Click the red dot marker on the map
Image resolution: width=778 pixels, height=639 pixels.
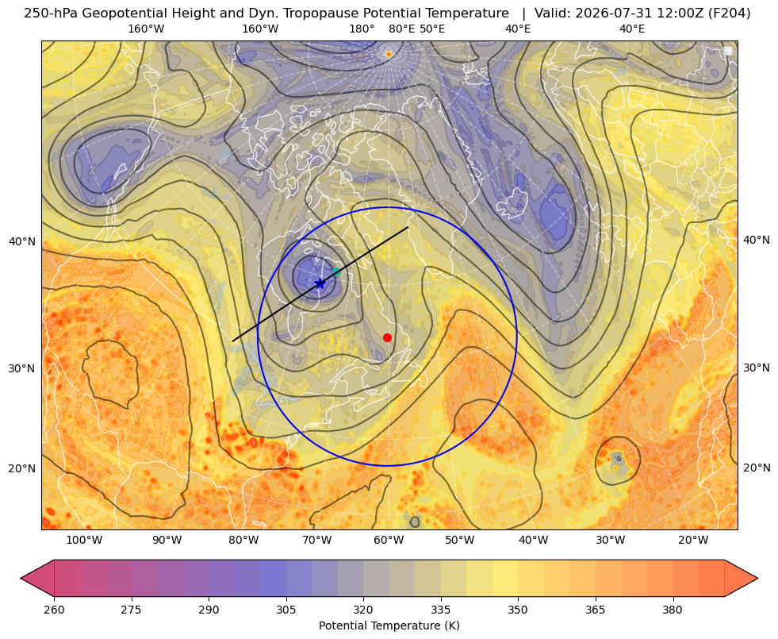pyautogui.click(x=388, y=337)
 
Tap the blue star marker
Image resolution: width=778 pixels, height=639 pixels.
pyautogui.click(x=320, y=284)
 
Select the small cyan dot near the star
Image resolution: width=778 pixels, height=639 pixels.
pyautogui.click(x=336, y=271)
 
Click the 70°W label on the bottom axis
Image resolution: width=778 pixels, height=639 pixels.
pyautogui.click(x=317, y=541)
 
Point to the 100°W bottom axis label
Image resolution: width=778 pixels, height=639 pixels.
pyautogui.click(x=84, y=541)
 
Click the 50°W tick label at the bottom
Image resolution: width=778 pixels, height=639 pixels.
pyautogui.click(x=459, y=541)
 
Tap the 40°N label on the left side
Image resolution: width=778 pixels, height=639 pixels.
pyautogui.click(x=22, y=242)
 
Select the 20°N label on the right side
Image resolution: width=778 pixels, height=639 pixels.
pyautogui.click(x=757, y=468)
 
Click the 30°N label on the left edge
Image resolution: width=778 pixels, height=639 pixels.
pyautogui.click(x=22, y=369)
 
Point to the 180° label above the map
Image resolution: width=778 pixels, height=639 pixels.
pyautogui.click(x=362, y=29)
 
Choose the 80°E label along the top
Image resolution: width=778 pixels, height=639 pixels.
pyautogui.click(x=402, y=29)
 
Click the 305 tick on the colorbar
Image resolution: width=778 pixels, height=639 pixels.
pyautogui.click(x=286, y=610)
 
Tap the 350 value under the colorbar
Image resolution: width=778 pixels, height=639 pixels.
pyautogui.click(x=518, y=610)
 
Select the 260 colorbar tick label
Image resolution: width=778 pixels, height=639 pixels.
pyautogui.click(x=54, y=610)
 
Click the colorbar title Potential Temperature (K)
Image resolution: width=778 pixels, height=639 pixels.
pyautogui.click(x=389, y=626)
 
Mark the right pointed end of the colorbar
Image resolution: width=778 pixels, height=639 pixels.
pyautogui.click(x=757, y=578)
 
